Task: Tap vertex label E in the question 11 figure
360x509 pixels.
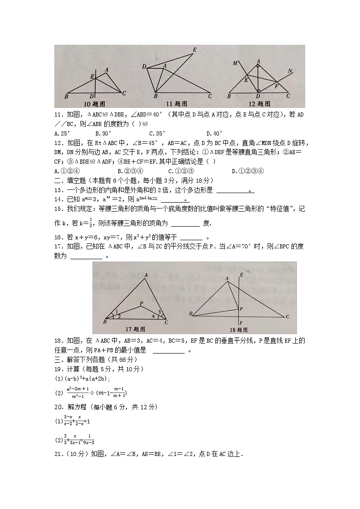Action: click(x=195, y=49)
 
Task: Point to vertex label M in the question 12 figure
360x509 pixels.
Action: click(x=235, y=63)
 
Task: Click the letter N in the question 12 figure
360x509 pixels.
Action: click(x=290, y=71)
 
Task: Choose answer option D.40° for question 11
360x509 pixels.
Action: click(x=214, y=133)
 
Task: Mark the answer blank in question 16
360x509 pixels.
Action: click(x=191, y=237)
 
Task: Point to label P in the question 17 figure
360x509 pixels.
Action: click(x=141, y=303)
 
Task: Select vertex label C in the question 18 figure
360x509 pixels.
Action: click(x=288, y=316)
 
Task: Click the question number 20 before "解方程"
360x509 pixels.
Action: click(x=58, y=407)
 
